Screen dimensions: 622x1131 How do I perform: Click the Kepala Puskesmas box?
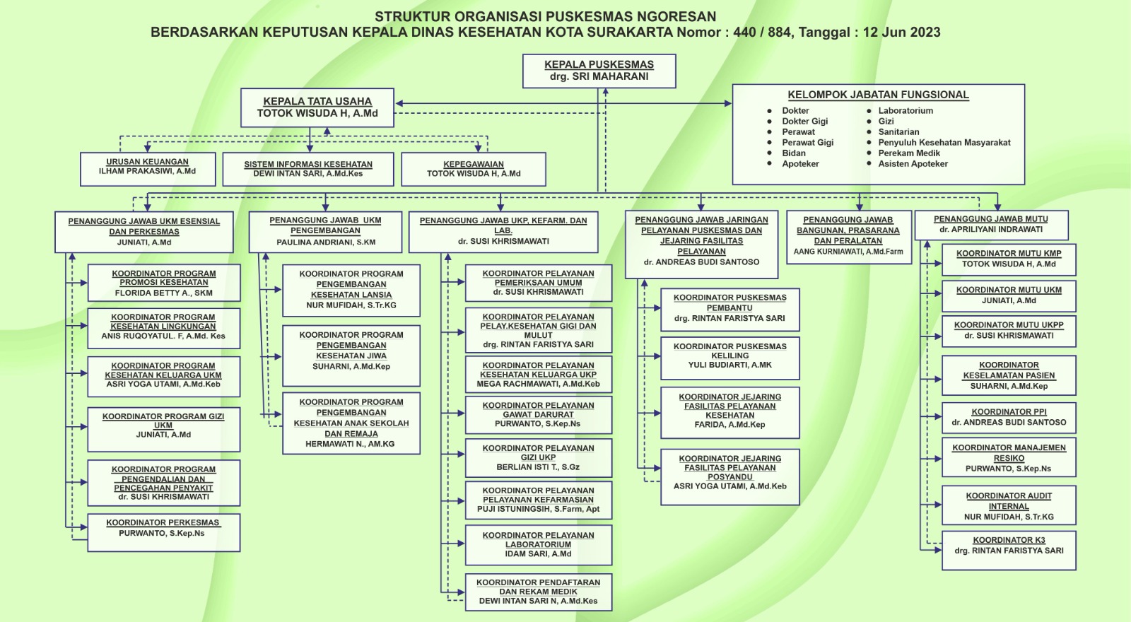pyautogui.click(x=599, y=71)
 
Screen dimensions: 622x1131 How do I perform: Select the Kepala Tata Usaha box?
pyautogui.click(x=317, y=107)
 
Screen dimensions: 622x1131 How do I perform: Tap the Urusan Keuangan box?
pyautogui.click(x=147, y=168)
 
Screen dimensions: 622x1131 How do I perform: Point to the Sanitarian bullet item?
pyautogui.click(x=898, y=132)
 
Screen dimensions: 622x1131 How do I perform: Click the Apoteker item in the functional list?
pyautogui.click(x=800, y=164)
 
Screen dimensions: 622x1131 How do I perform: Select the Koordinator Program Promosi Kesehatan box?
pyautogui.click(x=163, y=283)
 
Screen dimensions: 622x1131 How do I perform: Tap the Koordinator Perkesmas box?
pyautogui.click(x=163, y=532)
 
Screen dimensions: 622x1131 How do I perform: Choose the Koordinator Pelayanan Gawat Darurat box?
pyautogui.click(x=538, y=415)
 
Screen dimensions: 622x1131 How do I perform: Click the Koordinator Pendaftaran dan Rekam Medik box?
pyautogui.click(x=538, y=592)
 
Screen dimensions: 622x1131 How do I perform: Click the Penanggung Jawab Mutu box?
pyautogui.click(x=990, y=225)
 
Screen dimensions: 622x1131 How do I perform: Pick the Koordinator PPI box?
pyautogui.click(x=1009, y=417)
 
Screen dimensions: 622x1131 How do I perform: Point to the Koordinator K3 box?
pyautogui.click(x=1009, y=549)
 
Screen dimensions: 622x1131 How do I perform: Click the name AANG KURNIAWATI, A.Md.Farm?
pyautogui.click(x=848, y=252)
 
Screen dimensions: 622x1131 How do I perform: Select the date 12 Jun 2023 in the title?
pyautogui.click(x=901, y=32)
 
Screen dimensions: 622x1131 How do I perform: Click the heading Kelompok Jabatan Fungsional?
pyautogui.click(x=878, y=95)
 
